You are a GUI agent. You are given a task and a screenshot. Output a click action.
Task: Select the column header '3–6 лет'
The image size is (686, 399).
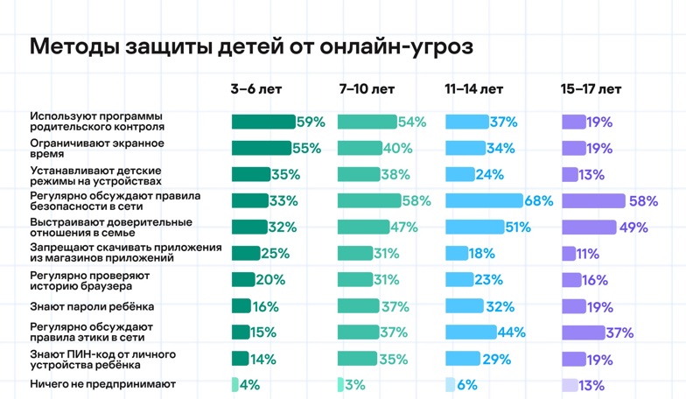pos(256,89)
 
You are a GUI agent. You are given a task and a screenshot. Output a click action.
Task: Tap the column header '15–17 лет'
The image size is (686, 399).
pos(591,89)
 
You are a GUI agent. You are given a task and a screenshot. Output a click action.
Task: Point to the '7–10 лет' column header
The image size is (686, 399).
pos(367,89)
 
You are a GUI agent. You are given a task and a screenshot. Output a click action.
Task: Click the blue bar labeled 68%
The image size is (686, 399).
pos(484,201)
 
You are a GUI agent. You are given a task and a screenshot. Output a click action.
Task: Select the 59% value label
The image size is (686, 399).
pos(311,122)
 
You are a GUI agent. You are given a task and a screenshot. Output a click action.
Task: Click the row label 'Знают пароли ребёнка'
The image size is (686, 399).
pos(92,306)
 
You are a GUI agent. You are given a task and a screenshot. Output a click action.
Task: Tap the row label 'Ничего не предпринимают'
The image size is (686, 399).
pos(102,384)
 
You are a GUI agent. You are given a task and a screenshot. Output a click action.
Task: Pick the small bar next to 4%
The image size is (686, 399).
pos(234,384)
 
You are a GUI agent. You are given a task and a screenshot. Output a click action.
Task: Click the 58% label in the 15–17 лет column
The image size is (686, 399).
pos(643,201)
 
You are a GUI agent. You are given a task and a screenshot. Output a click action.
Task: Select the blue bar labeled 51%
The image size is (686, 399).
pos(473,227)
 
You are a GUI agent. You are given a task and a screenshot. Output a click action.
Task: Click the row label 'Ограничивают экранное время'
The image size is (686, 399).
pos(97,148)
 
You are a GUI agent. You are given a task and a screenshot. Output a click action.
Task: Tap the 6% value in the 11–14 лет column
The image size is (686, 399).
pos(467,384)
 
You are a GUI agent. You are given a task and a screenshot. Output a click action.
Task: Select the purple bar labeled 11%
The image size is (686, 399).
pos(568,254)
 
